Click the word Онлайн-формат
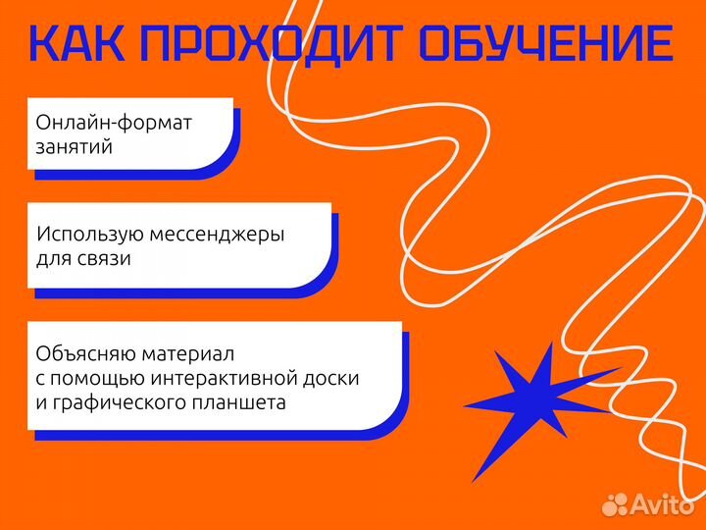114,125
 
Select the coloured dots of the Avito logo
615,503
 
